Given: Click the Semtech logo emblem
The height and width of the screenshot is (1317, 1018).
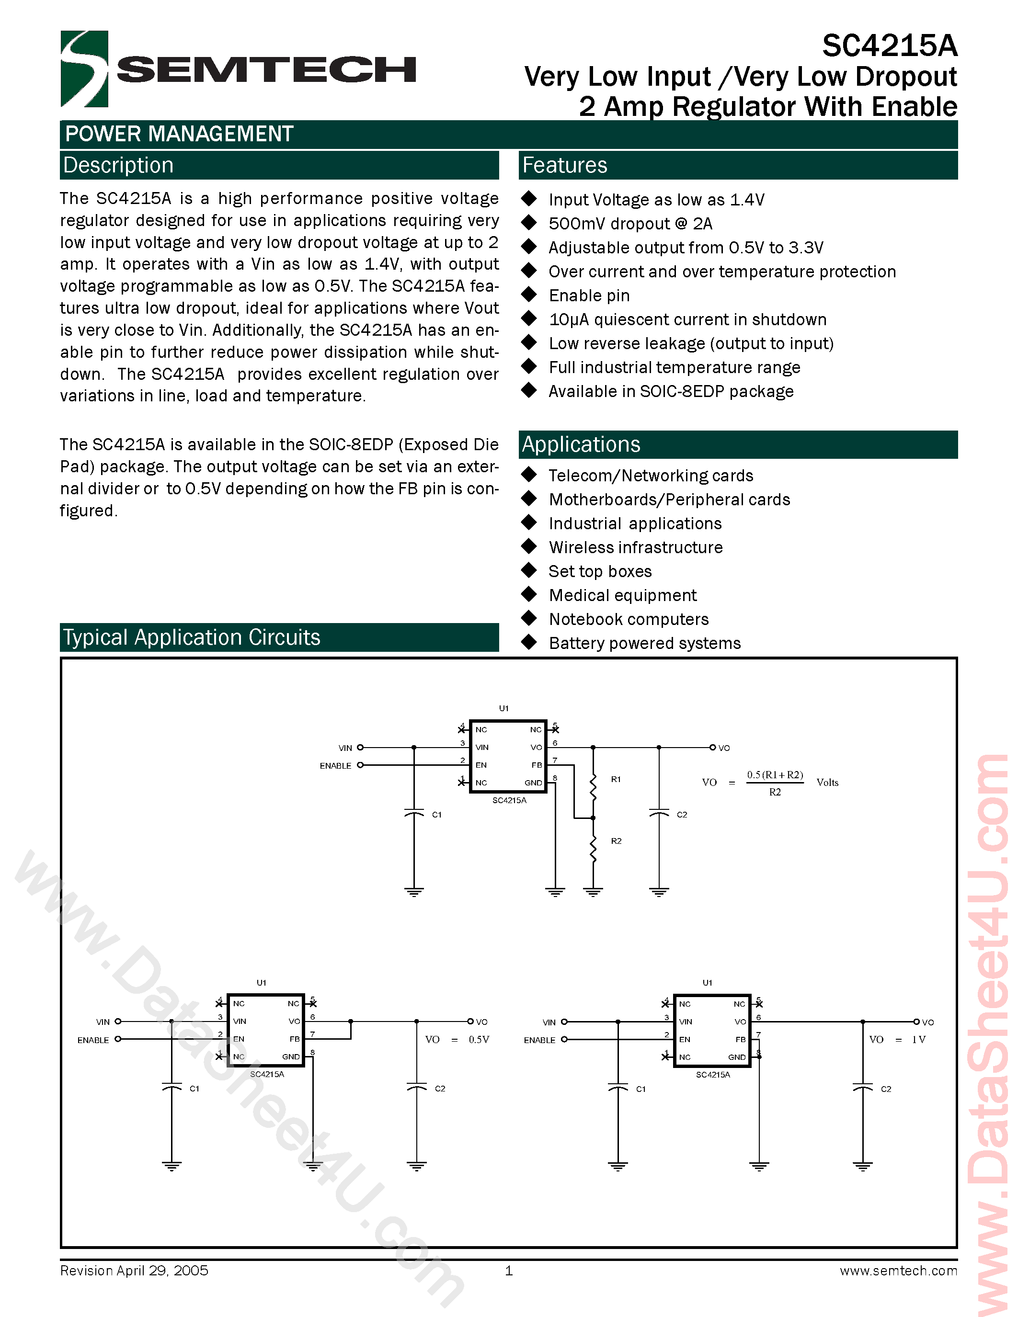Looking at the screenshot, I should (84, 69).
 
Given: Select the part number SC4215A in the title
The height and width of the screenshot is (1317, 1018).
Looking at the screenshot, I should (890, 46).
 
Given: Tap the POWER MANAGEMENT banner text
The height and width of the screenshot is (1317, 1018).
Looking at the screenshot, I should (179, 134).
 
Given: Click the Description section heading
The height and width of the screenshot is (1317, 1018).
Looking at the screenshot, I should (118, 165).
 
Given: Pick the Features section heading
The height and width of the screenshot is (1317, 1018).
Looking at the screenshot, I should (564, 165).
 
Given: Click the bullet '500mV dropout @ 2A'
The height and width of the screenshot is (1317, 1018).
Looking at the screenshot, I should (630, 224).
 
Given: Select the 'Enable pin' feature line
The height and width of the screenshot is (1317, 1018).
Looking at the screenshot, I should (589, 295).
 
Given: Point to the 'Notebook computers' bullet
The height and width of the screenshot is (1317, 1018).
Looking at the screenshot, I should (629, 619).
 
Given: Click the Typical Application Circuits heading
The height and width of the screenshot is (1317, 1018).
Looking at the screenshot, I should (192, 637).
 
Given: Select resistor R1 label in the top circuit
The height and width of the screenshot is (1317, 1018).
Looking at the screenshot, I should (616, 779).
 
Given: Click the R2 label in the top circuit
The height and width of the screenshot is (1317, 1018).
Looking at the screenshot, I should (616, 840).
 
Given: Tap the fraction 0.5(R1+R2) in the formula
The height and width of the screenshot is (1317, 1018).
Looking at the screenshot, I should (775, 775).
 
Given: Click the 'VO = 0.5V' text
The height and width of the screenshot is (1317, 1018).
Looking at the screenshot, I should (457, 1040).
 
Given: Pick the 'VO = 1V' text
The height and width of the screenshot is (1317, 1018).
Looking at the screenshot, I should (897, 1040).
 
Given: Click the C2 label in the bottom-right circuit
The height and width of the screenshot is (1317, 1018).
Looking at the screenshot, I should (885, 1089).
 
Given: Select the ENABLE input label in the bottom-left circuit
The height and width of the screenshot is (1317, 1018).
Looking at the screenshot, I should (93, 1040).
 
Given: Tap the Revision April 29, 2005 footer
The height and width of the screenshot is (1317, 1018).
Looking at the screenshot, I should (134, 1271).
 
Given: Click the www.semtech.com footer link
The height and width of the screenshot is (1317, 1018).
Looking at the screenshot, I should (898, 1271).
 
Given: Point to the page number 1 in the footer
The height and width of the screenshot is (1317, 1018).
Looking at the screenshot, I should (508, 1271).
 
